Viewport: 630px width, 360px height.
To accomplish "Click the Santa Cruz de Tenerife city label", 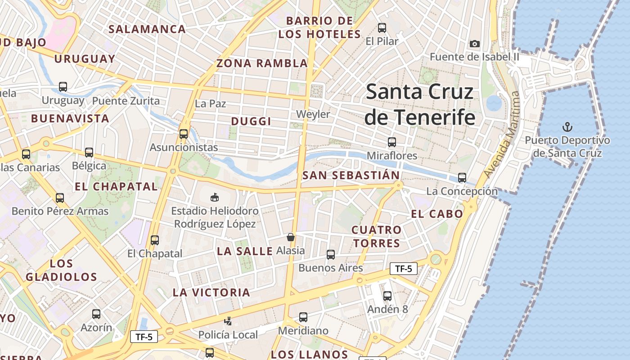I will pos(419,104).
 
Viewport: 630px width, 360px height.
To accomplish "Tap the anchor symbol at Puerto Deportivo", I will pos(567,126).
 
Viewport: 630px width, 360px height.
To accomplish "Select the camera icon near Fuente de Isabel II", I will pos(475,44).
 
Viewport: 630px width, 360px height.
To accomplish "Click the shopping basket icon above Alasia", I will pos(291,237).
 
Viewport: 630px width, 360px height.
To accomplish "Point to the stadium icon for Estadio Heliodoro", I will pos(215,197).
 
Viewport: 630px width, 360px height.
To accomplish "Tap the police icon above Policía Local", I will pos(228,321).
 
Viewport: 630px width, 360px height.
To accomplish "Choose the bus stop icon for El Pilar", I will pos(382,27).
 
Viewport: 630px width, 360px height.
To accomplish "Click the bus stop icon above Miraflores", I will pos(392,142).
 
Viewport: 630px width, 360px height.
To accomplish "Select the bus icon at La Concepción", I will pos(462,177).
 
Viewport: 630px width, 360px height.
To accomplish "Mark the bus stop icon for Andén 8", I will pos(387,296).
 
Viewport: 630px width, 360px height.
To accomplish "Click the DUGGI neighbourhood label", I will pos(251,121).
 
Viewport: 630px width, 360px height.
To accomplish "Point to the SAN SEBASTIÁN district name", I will pos(351,175).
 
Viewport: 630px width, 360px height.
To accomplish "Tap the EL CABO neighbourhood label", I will pos(437,214).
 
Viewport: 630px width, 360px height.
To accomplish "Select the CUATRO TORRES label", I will pos(376,237).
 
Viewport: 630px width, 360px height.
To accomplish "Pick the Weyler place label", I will pos(313,114).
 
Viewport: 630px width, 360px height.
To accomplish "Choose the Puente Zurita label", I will pos(126,100).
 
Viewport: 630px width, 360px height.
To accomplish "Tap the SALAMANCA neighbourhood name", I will pos(147,29).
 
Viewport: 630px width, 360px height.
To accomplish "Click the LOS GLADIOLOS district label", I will pos(61,270).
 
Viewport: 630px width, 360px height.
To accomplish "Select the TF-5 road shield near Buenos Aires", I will pos(403,269).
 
